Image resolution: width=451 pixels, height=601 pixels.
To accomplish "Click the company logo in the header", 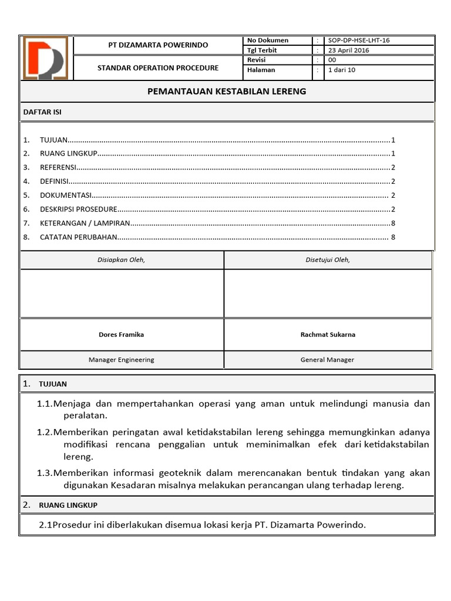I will point(45,58).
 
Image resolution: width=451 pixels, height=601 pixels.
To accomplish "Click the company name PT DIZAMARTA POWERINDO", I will point(158,45).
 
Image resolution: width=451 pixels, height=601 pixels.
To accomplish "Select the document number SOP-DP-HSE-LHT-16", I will point(359,40).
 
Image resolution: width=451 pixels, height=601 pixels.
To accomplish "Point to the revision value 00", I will point(332,60).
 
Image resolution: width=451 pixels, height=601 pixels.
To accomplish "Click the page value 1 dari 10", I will point(342,70).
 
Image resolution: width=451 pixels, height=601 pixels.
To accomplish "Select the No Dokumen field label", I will point(268,40).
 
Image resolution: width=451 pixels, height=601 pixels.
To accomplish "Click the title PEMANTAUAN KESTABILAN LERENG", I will point(226,92).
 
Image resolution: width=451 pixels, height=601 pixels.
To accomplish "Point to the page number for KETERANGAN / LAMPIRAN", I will point(393,223).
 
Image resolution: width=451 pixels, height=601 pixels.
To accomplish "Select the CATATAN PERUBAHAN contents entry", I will point(79,237).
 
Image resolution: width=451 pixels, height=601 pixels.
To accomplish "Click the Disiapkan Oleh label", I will point(121,260).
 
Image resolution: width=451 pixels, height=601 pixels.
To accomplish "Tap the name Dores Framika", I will point(121,335).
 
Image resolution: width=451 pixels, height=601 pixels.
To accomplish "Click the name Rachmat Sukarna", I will point(328,335).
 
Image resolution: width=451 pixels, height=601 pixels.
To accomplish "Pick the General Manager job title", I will point(328,360).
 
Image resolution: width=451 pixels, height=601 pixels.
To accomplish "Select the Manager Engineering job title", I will point(121,360).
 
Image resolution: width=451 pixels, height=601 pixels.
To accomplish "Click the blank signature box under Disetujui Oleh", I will point(328,293).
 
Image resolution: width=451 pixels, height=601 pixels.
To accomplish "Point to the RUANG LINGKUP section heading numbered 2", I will point(68,505).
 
